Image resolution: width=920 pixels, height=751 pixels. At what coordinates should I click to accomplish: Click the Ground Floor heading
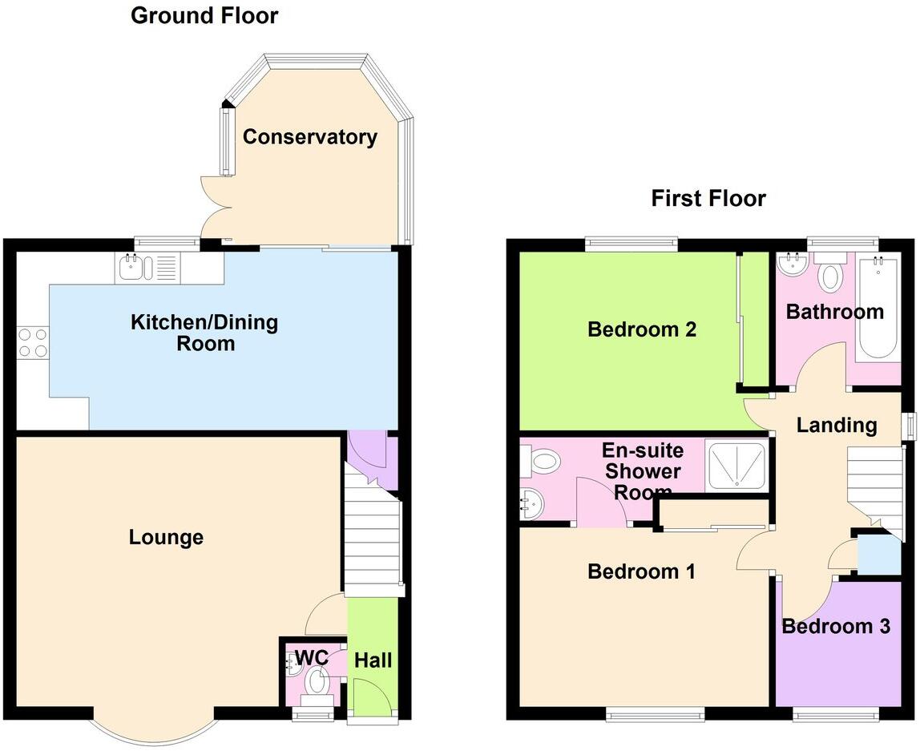point(204,15)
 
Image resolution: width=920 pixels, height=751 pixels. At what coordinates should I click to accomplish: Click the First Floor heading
point(708,198)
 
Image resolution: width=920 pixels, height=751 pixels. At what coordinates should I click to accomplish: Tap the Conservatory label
point(309,137)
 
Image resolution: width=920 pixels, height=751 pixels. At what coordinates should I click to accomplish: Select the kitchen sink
point(131,267)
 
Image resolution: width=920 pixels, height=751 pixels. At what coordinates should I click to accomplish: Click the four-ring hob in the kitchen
point(32,342)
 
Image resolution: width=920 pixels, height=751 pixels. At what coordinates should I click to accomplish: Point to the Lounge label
point(166,537)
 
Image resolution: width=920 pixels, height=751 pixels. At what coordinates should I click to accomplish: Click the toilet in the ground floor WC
point(318,683)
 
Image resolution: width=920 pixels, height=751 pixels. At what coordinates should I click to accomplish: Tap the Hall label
point(373,660)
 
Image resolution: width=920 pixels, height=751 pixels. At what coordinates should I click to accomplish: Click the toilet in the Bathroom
point(831,274)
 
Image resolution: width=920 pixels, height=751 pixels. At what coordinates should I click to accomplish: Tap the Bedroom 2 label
point(641,329)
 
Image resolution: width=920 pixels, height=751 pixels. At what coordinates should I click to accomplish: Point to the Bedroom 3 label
point(836,626)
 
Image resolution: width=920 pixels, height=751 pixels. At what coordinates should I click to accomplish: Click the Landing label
point(836,425)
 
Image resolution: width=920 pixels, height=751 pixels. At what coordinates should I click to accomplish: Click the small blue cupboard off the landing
point(878,555)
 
